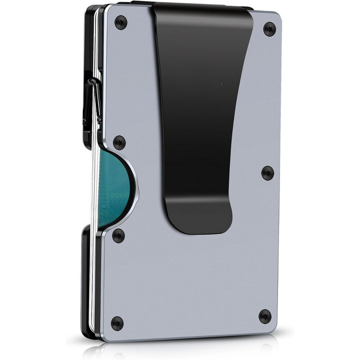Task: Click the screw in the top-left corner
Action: pyautogui.click(x=120, y=21)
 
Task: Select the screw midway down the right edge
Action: pyautogui.click(x=268, y=173)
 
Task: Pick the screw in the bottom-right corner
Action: pyautogui.click(x=265, y=316)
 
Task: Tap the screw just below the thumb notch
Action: pyautogui.click(x=118, y=235)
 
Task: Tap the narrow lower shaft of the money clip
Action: pyautogui.click(x=195, y=185)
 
